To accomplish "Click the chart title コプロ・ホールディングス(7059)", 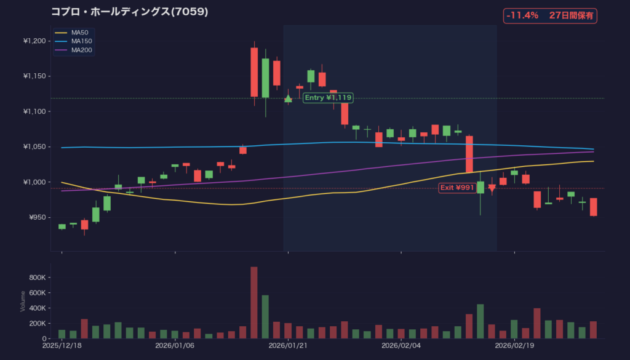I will (129, 12).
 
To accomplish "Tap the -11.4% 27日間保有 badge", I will (550, 16).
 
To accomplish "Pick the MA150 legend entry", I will (82, 41).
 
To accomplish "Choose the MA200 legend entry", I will (82, 50).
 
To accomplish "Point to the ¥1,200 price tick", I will (34, 41).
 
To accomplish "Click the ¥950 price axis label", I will (37, 217).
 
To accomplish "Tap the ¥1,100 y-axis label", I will (34, 111).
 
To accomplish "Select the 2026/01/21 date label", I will (288, 346).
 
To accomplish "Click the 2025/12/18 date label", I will (62, 346).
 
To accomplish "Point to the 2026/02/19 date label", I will (514, 346).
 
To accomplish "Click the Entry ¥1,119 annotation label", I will (328, 97).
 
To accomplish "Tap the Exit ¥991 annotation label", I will (457, 187).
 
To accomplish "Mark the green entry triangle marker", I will (288, 98).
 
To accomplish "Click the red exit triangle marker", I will (492, 188).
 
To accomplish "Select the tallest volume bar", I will (254, 303).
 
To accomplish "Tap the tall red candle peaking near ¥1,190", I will (254, 72).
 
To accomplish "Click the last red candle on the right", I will (594, 207).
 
